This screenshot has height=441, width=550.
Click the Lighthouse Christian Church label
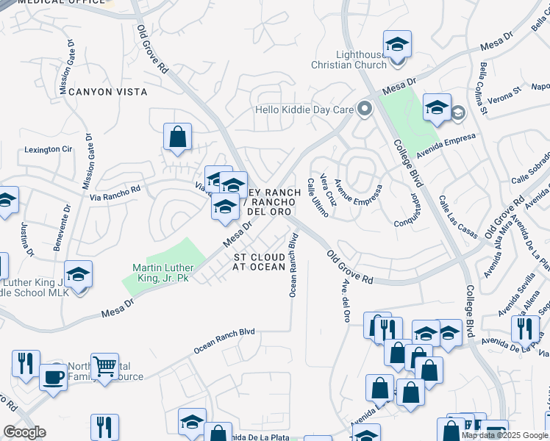click(x=361, y=60)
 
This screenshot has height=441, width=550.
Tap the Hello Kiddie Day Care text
click(x=304, y=110)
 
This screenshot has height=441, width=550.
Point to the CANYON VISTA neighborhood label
click(x=108, y=92)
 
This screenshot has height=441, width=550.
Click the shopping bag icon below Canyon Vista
click(x=177, y=137)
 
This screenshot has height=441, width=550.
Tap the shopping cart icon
click(x=104, y=365)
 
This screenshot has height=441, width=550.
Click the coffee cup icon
click(x=52, y=377)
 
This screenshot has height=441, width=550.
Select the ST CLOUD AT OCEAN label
click(x=259, y=262)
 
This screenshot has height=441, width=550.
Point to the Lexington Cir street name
click(x=49, y=149)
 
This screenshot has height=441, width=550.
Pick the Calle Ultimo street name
click(x=316, y=198)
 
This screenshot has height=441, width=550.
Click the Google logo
click(x=24, y=432)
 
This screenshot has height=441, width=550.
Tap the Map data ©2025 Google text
click(x=504, y=435)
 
